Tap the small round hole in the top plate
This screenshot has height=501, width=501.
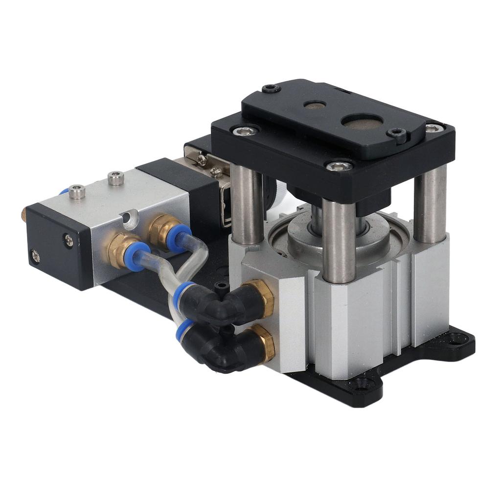pos(315,105)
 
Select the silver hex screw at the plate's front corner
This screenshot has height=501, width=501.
pos(339,166)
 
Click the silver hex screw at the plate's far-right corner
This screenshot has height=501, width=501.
pos(433,128)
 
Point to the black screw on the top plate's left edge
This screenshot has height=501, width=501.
pos(271,89)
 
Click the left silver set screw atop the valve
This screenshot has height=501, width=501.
pos(77,192)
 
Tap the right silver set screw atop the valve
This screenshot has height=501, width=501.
pos(115,178)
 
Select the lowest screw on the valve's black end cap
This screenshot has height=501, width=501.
pos(35,255)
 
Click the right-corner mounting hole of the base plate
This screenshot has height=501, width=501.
pos(457,338)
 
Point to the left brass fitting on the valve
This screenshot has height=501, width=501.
pos(119,249)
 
